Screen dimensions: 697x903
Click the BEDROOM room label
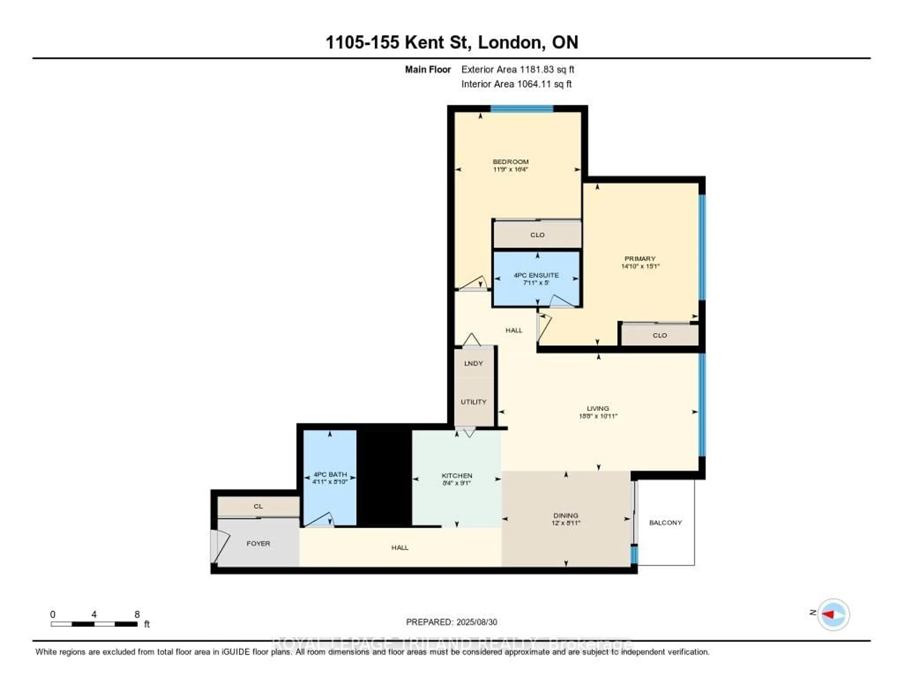[x=510, y=161]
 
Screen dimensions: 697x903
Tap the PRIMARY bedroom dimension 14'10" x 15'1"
[x=640, y=266]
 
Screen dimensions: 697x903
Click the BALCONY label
[x=665, y=523]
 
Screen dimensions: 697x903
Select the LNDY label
[x=473, y=364]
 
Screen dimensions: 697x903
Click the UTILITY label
[x=473, y=402]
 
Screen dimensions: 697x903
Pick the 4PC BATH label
[x=330, y=474]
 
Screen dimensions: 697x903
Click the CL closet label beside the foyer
[x=258, y=506]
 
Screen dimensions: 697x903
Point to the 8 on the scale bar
[x=137, y=614]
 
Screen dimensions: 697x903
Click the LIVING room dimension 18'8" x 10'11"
[x=598, y=416]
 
